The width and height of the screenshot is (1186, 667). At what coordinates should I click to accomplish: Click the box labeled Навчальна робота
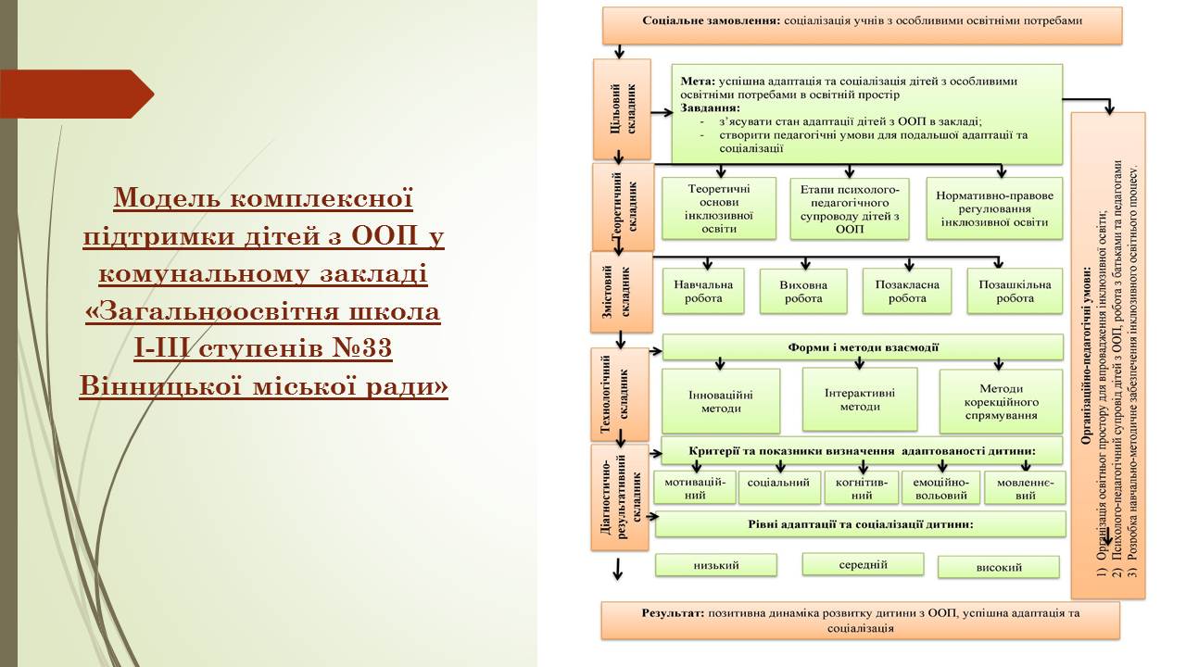(x=703, y=291)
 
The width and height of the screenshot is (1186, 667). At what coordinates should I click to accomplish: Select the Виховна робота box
(x=803, y=291)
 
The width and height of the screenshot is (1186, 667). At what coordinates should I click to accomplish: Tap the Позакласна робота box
(x=907, y=291)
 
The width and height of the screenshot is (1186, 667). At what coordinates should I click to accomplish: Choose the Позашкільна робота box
(x=1015, y=291)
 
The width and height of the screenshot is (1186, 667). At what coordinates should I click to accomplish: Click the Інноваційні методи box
(x=721, y=401)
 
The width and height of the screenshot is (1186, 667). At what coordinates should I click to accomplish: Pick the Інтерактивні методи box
(x=860, y=399)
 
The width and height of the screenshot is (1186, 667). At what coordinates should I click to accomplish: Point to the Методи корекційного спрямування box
(x=1001, y=401)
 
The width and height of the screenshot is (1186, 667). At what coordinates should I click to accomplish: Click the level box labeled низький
(x=716, y=565)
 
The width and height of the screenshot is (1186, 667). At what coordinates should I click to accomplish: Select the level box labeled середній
(x=863, y=564)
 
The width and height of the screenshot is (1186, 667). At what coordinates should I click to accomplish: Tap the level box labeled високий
(x=999, y=567)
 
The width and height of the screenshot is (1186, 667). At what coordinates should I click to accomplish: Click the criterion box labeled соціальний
(x=779, y=487)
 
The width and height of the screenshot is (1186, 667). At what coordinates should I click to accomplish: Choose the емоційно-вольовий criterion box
(x=940, y=488)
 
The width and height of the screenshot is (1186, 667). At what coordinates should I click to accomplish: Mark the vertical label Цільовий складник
(x=622, y=109)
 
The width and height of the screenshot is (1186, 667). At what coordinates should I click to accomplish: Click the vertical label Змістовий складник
(x=622, y=292)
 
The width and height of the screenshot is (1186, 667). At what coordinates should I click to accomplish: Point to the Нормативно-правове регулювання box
(x=994, y=208)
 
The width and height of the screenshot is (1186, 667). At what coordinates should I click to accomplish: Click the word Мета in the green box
(x=698, y=82)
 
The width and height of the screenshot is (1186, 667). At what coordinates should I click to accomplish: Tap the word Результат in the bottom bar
(x=673, y=613)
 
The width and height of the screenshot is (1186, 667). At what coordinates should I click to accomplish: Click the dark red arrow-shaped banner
(x=77, y=94)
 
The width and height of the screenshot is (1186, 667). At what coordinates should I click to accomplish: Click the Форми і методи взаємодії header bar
(x=863, y=347)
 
